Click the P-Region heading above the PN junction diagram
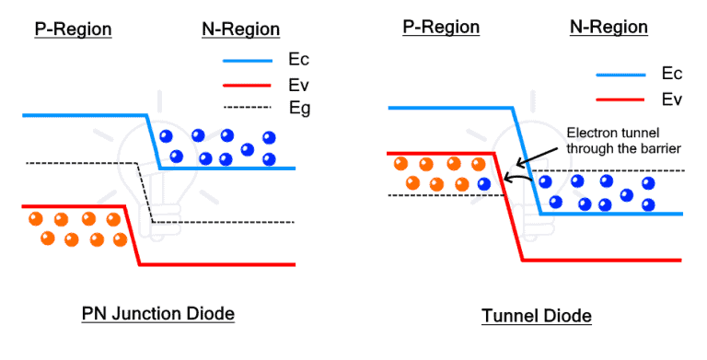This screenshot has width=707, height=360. (x=73, y=29)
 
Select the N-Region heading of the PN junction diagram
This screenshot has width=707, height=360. (x=240, y=29)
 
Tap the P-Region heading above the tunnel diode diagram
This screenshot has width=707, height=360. (x=441, y=27)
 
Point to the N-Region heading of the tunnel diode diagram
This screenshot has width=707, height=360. (x=608, y=27)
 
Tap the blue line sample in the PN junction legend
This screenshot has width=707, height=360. (x=247, y=61)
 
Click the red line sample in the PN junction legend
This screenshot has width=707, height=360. (x=247, y=85)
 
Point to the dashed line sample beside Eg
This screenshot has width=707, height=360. (x=247, y=109)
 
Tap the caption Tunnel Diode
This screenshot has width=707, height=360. (x=537, y=316)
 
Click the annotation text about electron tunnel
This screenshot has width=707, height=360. (x=611, y=139)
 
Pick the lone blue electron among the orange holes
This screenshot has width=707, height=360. (x=484, y=184)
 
